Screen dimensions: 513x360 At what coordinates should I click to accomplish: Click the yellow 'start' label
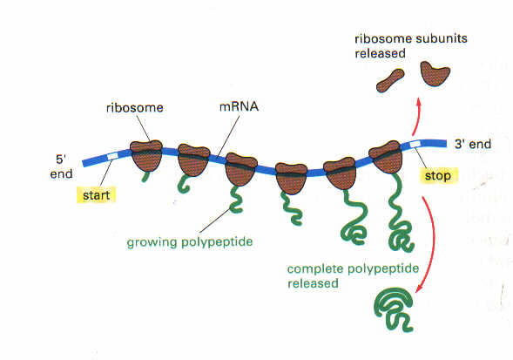96,195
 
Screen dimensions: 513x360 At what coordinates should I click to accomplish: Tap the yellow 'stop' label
438,175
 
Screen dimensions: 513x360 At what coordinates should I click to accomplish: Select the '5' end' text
61,166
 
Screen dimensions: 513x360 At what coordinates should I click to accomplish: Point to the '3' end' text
473,144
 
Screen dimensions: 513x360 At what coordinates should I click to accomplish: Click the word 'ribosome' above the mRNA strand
135,107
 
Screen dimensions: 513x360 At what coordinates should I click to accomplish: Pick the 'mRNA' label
239,106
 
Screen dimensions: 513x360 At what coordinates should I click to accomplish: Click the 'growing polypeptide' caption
190,242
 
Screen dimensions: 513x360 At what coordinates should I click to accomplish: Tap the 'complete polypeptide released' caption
353,275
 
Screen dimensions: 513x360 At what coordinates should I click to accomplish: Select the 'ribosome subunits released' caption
411,46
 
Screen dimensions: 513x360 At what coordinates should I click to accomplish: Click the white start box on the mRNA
112,157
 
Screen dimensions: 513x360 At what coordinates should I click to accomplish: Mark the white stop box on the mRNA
415,144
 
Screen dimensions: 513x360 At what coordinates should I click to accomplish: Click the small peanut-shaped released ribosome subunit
390,80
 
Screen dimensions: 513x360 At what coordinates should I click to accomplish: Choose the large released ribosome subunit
435,74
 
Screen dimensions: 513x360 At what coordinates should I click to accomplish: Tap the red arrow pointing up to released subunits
416,116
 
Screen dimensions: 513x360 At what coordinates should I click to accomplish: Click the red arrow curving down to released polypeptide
431,242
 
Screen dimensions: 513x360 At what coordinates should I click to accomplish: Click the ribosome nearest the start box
146,156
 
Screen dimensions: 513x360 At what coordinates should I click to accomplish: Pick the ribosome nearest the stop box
386,157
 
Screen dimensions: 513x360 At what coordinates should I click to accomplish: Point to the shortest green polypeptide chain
145,177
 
